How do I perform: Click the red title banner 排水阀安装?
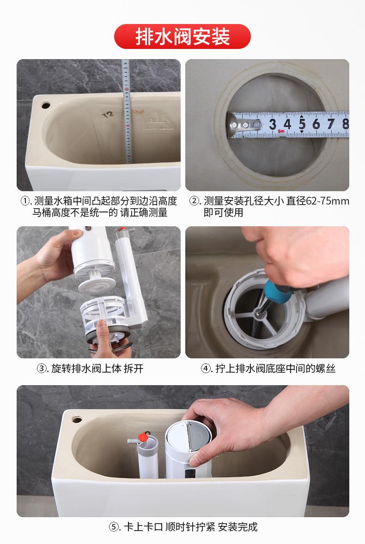[182, 36]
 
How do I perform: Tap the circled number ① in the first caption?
[26, 201]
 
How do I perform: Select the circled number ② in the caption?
[195, 201]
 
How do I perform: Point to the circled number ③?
[42, 369]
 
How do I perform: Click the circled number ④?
[206, 369]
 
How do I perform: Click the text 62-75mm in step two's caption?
[328, 201]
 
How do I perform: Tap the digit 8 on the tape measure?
[345, 124]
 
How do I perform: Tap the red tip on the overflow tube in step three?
[122, 230]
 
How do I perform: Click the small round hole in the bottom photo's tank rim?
[77, 420]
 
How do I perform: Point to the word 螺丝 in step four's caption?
[325, 369]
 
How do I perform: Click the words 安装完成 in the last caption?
[238, 527]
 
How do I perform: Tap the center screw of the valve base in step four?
[258, 313]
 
